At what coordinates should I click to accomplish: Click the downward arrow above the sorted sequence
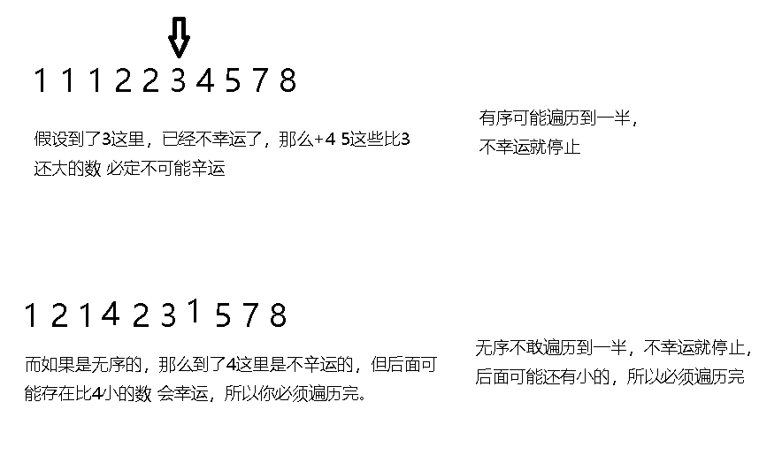[179, 38]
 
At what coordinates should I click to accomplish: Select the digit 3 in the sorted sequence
[178, 81]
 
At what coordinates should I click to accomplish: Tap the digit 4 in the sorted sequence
[205, 81]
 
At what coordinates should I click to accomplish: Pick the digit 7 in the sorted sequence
[259, 81]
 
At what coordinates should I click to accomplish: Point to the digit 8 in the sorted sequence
[287, 81]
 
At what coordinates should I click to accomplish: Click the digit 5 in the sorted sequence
[233, 81]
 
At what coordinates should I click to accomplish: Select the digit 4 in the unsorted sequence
[110, 313]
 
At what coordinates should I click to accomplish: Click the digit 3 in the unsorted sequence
[167, 315]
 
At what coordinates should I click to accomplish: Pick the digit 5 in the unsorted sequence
[223, 315]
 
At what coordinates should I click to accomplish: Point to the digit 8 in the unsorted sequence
[278, 315]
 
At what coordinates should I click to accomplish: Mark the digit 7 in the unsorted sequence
[250, 315]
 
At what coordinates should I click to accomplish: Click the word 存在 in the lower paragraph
[66, 393]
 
